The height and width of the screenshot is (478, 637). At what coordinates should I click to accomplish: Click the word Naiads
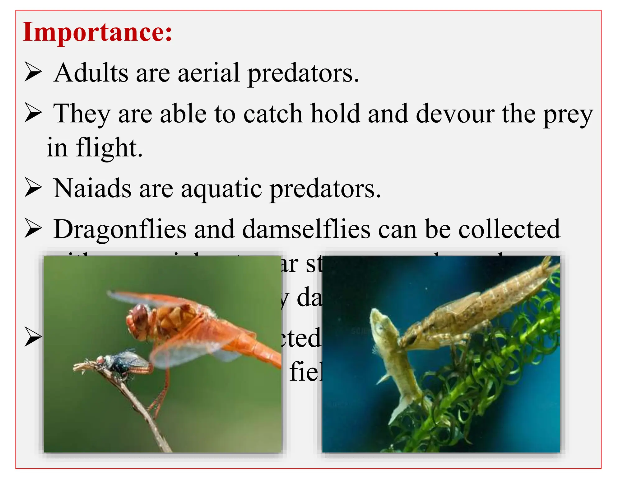coord(92,188)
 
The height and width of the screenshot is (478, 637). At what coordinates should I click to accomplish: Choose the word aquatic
coord(221,189)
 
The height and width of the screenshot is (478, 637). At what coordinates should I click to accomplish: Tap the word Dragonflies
coord(120,229)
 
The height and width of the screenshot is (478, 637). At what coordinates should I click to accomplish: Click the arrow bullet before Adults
coord(33,72)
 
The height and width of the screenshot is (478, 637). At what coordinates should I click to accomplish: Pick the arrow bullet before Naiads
coord(33,188)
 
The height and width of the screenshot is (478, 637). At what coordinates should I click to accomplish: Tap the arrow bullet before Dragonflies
coord(33,229)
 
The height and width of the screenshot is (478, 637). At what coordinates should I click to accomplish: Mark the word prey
coord(568,115)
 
